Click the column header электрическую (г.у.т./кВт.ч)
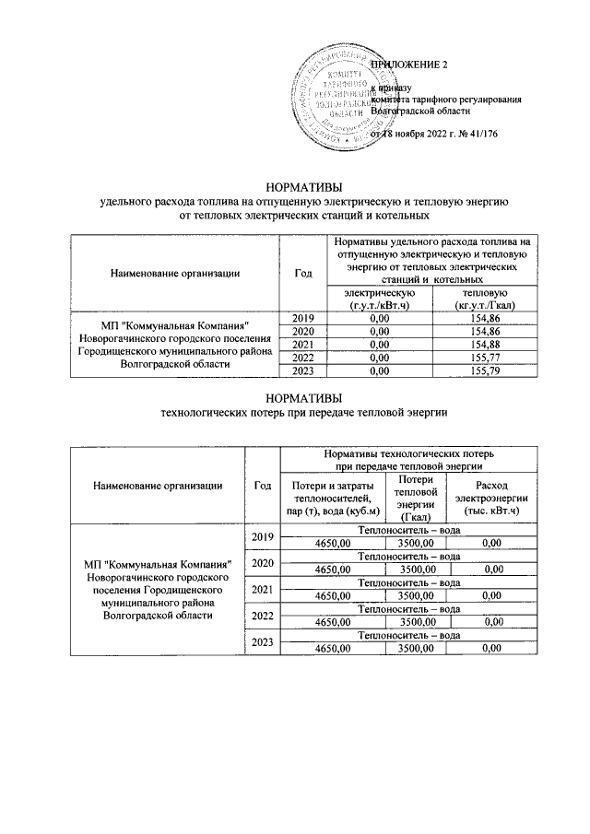coord(373,298)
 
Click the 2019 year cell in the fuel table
coord(302,319)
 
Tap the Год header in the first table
coord(302,273)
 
